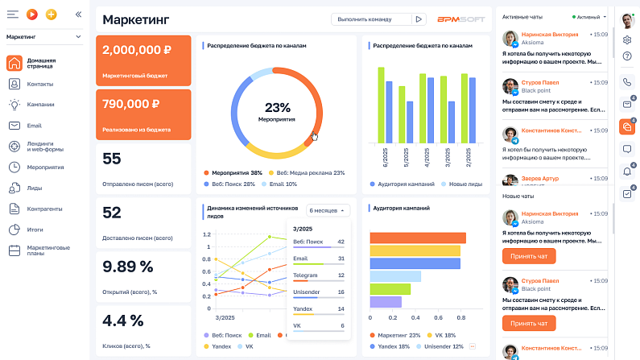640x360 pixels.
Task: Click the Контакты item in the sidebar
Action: point(40,84)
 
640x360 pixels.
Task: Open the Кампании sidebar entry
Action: point(40,104)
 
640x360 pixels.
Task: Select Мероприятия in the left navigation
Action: point(45,167)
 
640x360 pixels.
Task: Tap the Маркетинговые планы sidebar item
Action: point(47,250)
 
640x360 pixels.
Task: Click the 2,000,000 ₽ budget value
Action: point(136,49)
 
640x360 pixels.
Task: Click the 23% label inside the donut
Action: point(277,106)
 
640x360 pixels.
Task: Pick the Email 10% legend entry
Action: point(283,184)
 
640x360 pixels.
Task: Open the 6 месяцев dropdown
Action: point(328,210)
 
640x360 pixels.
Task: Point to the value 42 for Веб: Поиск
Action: point(341,242)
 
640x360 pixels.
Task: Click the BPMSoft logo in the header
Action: point(461,19)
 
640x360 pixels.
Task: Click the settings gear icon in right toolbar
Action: point(627,39)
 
